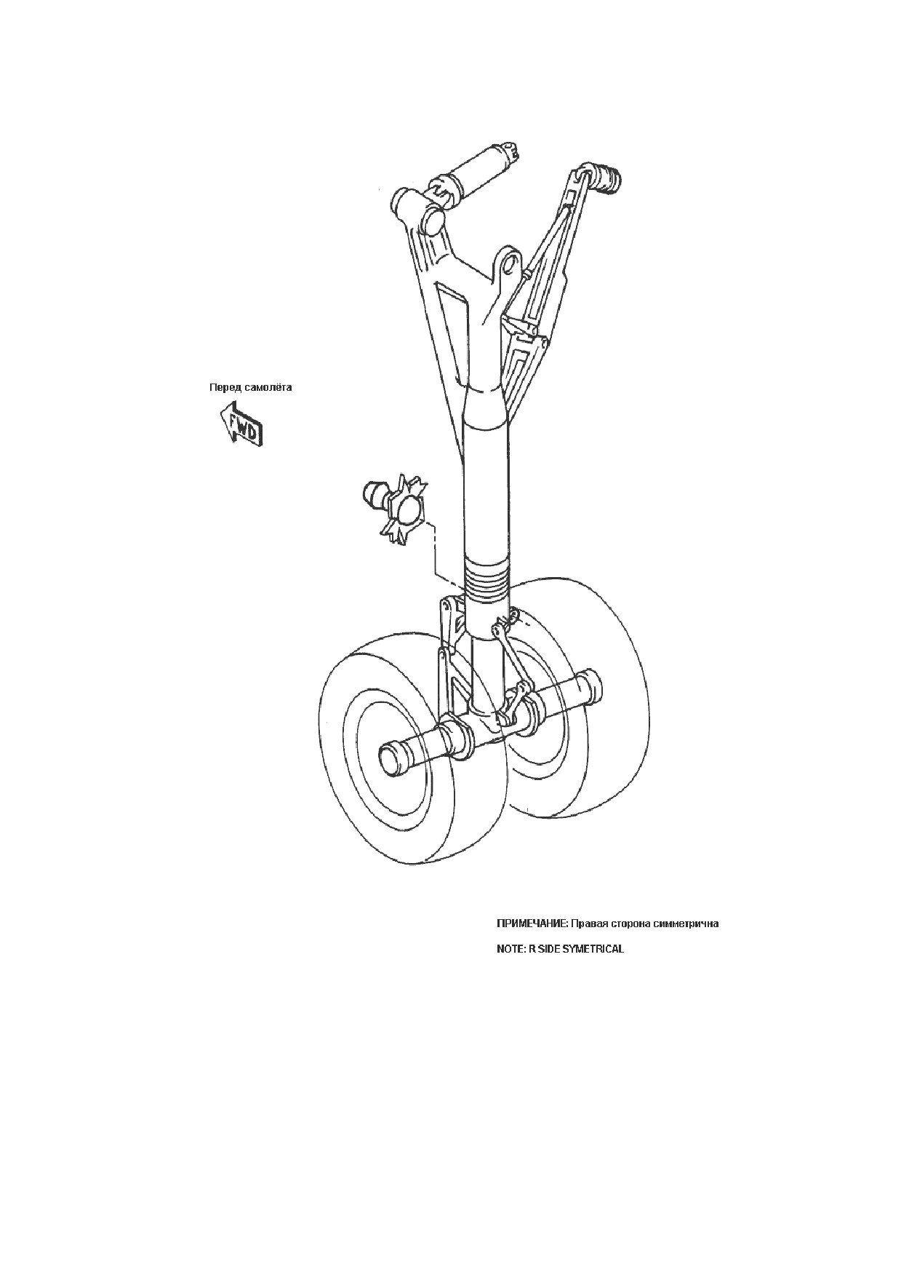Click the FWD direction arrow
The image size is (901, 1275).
pyautogui.click(x=241, y=424)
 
